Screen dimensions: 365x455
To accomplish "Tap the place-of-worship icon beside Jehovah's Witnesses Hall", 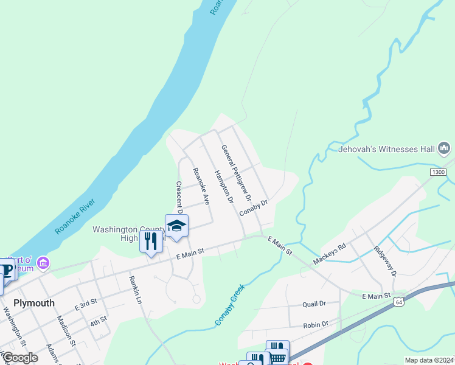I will pyautogui.click(x=444, y=148).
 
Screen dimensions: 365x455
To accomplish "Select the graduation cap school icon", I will pyautogui.click(x=176, y=226).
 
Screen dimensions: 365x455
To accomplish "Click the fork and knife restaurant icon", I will pyautogui.click(x=151, y=241).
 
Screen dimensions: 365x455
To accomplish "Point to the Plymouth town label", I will pyautogui.click(x=34, y=303).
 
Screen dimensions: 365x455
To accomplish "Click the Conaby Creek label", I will pyautogui.click(x=229, y=305).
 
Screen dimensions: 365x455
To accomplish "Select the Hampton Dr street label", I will pyautogui.click(x=224, y=187).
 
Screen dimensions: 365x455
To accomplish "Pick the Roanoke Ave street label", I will pyautogui.click(x=201, y=186).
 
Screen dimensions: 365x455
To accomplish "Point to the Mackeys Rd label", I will pyautogui.click(x=329, y=253).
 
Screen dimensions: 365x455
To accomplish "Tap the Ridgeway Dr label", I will pyautogui.click(x=385, y=261).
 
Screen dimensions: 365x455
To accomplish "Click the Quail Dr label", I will pyautogui.click(x=314, y=304).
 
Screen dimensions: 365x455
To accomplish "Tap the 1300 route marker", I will pyautogui.click(x=439, y=173).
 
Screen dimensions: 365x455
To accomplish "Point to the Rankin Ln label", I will pyautogui.click(x=135, y=290).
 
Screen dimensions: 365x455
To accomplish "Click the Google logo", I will pyautogui.click(x=20, y=358).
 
